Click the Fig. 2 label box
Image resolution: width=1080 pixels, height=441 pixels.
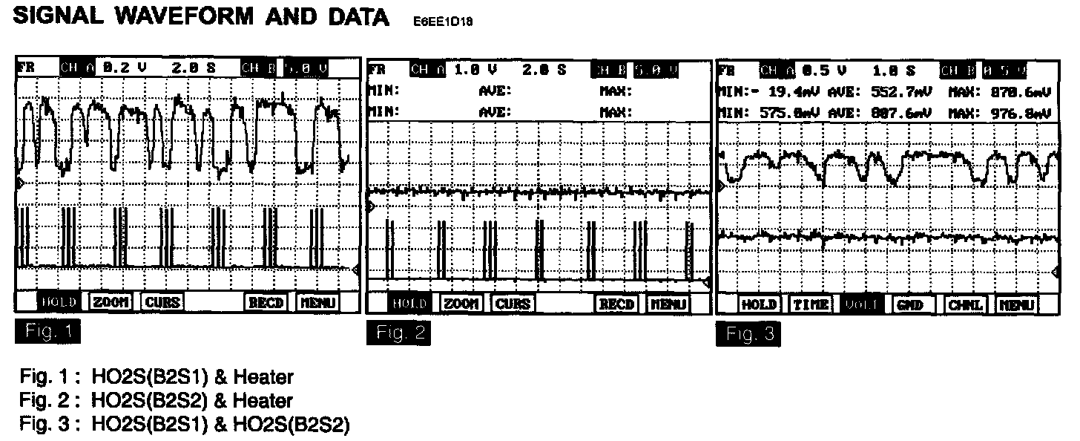point(398,332)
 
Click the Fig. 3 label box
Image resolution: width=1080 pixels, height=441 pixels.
point(748,336)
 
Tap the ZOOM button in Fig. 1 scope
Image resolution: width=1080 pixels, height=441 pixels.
point(111,302)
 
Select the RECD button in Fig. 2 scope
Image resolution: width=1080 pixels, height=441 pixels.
point(616,304)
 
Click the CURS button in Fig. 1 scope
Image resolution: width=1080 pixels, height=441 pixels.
point(162,302)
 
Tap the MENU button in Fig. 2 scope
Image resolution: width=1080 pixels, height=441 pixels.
point(669,304)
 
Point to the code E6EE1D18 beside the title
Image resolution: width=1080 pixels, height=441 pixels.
point(442,22)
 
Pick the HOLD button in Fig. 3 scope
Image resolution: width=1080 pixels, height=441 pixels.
point(758,304)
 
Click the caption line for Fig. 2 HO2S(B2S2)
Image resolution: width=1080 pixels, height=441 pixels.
point(156,401)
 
